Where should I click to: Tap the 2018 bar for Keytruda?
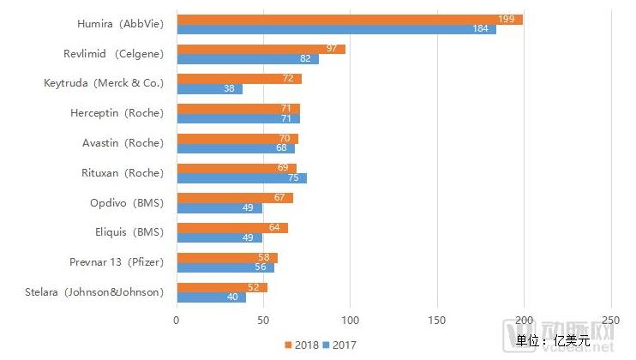pos(239,79)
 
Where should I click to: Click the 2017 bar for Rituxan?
pos(241,178)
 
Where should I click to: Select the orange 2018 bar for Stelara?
pos(221,287)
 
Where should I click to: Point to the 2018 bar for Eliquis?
pos(231,228)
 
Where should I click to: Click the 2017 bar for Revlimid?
pos(247,59)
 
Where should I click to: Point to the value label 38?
pos(230,88)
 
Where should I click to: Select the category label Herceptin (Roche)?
pos(117,113)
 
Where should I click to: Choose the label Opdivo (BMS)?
pos(126,202)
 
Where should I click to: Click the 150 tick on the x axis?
pos(437,321)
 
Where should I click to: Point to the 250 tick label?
pos(611,321)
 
